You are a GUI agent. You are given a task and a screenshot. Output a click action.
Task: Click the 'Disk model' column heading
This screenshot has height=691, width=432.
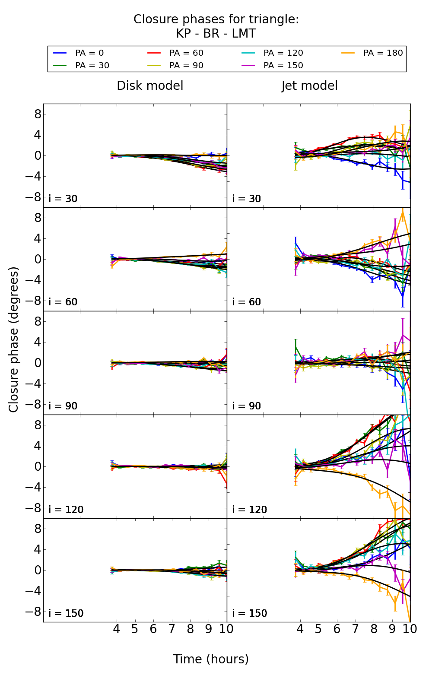[150, 86]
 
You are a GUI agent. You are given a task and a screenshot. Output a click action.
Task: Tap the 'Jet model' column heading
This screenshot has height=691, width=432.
[309, 86]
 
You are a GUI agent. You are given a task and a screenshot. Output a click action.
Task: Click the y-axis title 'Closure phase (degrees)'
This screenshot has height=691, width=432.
[14, 339]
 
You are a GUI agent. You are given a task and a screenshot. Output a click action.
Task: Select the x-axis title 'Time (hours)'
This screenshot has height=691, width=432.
[211, 659]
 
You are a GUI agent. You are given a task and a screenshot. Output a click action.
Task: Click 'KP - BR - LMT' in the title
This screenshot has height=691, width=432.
[216, 34]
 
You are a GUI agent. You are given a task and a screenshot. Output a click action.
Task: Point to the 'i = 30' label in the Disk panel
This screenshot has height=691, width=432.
[63, 199]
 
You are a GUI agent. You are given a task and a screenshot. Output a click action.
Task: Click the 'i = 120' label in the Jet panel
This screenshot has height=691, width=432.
[249, 510]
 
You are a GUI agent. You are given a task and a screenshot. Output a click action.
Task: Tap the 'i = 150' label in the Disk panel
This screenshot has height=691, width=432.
[66, 613]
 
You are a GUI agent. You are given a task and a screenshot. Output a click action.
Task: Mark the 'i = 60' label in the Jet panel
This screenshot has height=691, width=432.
[246, 302]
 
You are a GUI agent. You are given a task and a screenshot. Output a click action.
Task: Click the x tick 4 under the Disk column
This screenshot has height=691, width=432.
[116, 629]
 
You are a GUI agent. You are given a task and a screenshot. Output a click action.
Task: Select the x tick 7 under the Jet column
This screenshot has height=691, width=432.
[355, 629]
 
